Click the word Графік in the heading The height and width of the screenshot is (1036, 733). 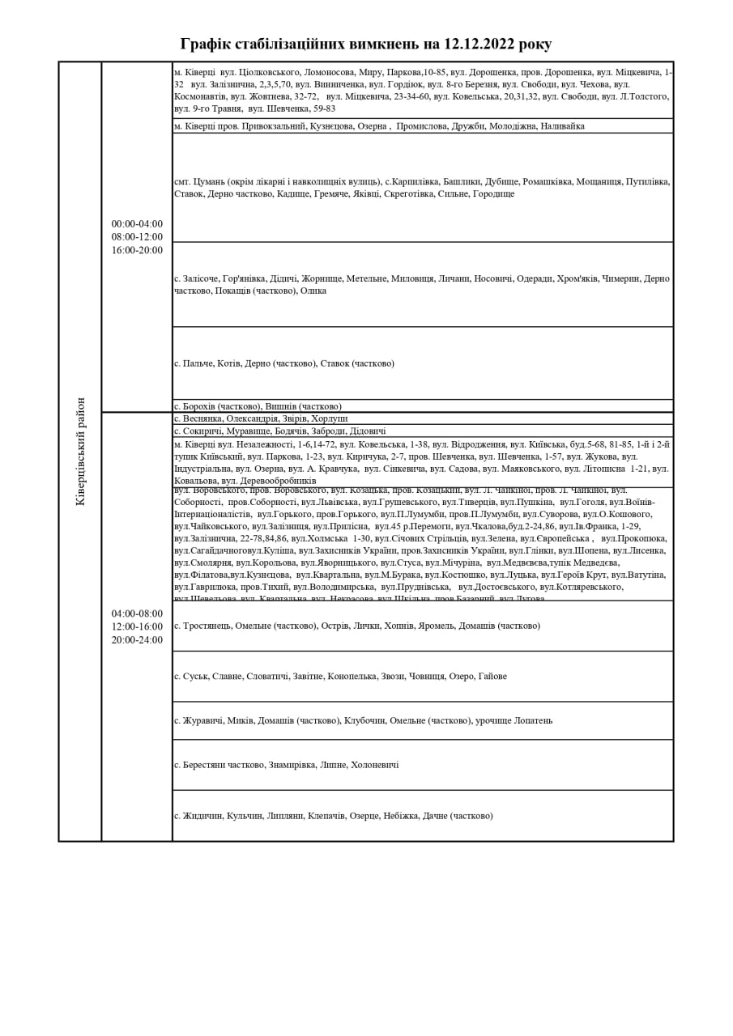coord(206,44)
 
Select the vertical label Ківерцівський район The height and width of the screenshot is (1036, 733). coord(80,451)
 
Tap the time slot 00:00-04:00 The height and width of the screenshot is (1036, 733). coord(137,224)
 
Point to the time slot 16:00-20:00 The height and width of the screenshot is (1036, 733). coord(137,250)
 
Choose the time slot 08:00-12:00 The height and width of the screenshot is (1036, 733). coord(137,237)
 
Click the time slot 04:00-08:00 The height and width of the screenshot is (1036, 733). coord(137,614)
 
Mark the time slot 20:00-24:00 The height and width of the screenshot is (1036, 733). coord(137,639)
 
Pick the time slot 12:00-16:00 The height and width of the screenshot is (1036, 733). coord(137,626)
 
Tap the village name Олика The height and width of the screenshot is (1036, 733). coord(313,291)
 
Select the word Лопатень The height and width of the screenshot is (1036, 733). coord(534,720)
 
